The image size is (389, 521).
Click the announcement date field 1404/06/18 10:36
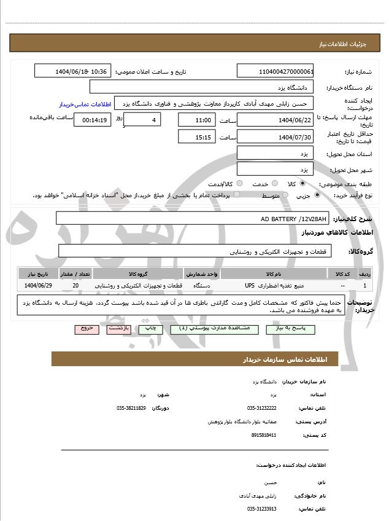click(x=72, y=71)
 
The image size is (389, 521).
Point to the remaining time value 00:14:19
click(x=92, y=120)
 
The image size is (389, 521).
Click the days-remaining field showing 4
click(x=142, y=120)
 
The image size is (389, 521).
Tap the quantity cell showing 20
click(x=75, y=286)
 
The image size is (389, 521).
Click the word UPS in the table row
click(x=249, y=286)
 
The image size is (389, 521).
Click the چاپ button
click(x=150, y=329)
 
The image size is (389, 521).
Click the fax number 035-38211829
click(x=131, y=407)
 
